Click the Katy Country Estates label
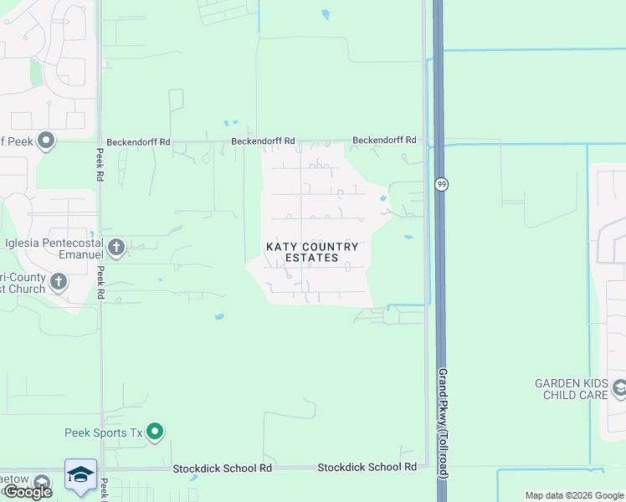pyautogui.click(x=312, y=252)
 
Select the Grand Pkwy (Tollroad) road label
pyautogui.click(x=443, y=423)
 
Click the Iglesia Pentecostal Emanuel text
pyautogui.click(x=53, y=247)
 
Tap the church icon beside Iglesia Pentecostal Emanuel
pyautogui.click(x=116, y=247)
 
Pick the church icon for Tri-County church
pyautogui.click(x=59, y=281)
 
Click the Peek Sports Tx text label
pyautogui.click(x=104, y=433)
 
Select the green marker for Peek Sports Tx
pyautogui.click(x=154, y=432)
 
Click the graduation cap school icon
pyautogui.click(x=80, y=474)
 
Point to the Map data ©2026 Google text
pyautogui.click(x=574, y=495)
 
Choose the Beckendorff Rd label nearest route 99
pyautogui.click(x=384, y=140)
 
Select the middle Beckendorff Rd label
pyautogui.click(x=264, y=141)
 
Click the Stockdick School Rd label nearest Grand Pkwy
pyautogui.click(x=367, y=467)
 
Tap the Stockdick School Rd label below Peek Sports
pyautogui.click(x=223, y=469)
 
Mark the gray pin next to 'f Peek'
pyautogui.click(x=46, y=141)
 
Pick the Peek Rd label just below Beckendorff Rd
pyautogui.click(x=100, y=166)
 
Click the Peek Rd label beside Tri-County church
pyautogui.click(x=100, y=283)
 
